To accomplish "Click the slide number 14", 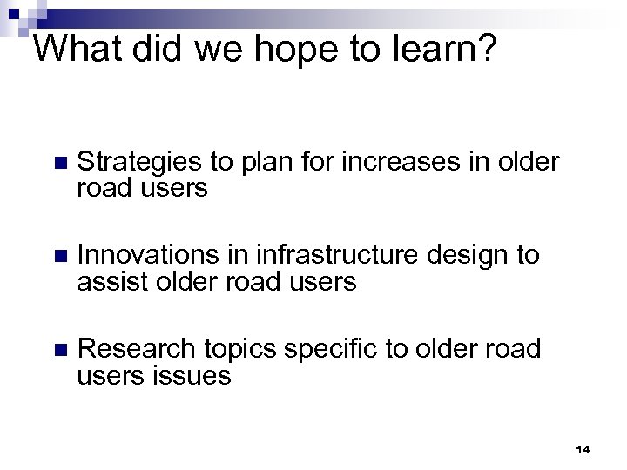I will (583, 449).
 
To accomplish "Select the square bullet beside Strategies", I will (58, 164).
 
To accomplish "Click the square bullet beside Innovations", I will (58, 257).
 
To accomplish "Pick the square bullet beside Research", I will (58, 350).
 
